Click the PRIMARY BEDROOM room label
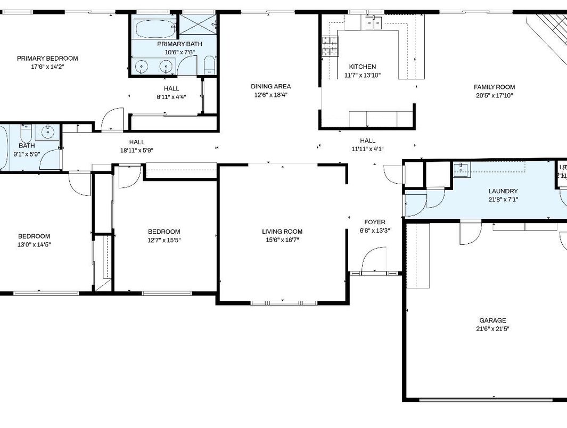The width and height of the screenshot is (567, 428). [x=47, y=59]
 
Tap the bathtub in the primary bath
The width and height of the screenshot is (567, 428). [x=154, y=29]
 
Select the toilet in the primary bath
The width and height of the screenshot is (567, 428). [x=209, y=65]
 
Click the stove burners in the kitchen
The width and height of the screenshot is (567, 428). [x=330, y=46]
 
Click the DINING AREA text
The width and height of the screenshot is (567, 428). [x=271, y=86]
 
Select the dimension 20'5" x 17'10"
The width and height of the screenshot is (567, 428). [x=495, y=96]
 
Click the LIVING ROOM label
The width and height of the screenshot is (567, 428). [x=282, y=232]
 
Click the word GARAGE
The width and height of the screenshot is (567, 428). [x=492, y=320]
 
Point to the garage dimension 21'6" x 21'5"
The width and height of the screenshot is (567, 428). [x=492, y=329]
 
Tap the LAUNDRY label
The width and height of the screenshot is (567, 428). [x=503, y=191]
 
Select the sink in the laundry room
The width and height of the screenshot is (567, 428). [x=461, y=170]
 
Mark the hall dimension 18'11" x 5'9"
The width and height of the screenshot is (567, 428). [x=137, y=150]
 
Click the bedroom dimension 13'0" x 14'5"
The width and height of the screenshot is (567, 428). [x=34, y=245]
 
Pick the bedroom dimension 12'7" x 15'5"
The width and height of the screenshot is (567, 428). [x=164, y=240]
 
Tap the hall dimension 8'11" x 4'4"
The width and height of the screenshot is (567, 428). [x=171, y=97]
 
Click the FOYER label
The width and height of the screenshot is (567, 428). [x=375, y=222]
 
